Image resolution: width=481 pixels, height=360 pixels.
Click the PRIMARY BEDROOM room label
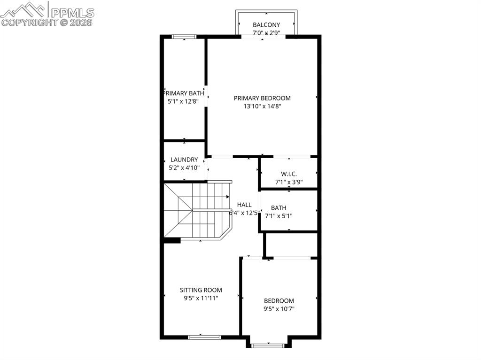(x=262, y=98)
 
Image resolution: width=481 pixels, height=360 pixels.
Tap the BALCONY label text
(x=266, y=25)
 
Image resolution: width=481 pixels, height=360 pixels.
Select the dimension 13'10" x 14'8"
(x=262, y=107)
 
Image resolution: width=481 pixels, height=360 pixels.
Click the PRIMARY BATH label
(x=184, y=93)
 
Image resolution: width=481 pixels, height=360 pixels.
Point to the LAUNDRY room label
(x=184, y=160)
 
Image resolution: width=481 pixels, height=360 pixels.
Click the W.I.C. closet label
(x=289, y=174)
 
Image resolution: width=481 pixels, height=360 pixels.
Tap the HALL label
(x=244, y=205)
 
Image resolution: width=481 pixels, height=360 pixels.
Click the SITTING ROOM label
(x=201, y=290)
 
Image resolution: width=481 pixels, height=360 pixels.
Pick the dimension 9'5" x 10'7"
(x=279, y=309)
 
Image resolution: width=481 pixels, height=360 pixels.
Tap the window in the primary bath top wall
(x=184, y=37)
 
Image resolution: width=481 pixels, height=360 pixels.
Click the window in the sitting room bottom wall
(x=204, y=337)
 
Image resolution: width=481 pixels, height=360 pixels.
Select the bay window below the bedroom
(x=268, y=346)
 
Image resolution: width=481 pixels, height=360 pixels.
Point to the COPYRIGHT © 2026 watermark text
(x=47, y=22)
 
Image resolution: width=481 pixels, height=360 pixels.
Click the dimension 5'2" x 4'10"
(x=184, y=168)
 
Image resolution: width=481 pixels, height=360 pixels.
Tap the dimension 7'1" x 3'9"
(x=289, y=182)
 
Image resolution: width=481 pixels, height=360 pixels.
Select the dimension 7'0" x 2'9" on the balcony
(x=266, y=33)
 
